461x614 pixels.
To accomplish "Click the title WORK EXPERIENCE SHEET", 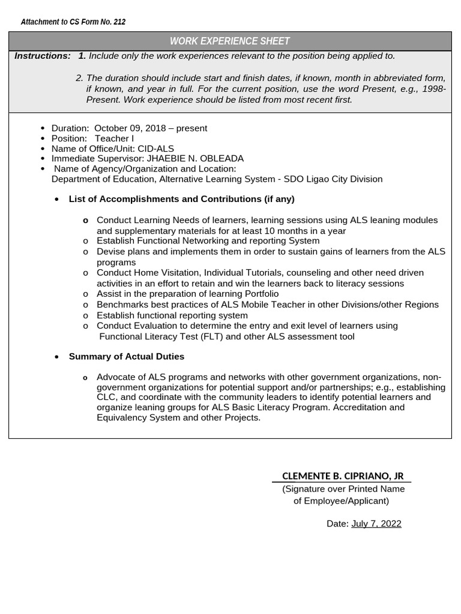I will (230, 41).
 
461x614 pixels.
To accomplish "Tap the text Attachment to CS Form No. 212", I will (73, 22).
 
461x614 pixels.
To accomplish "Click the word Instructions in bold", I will (43, 56).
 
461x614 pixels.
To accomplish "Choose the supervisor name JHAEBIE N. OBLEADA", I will (195, 159).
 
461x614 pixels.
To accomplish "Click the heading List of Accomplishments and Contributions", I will (181, 199).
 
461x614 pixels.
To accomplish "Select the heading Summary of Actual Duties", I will (127, 357).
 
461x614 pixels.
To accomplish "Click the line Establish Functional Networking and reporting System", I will (208, 241).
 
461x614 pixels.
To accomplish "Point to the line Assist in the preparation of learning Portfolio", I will (187, 294).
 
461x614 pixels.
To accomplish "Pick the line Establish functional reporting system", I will (172, 315).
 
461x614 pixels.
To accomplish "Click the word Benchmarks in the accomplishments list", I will (120, 305).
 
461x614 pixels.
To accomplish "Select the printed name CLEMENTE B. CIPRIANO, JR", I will (343, 476).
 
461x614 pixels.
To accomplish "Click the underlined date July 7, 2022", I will (376, 523).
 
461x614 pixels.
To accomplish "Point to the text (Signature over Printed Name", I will (343, 489).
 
